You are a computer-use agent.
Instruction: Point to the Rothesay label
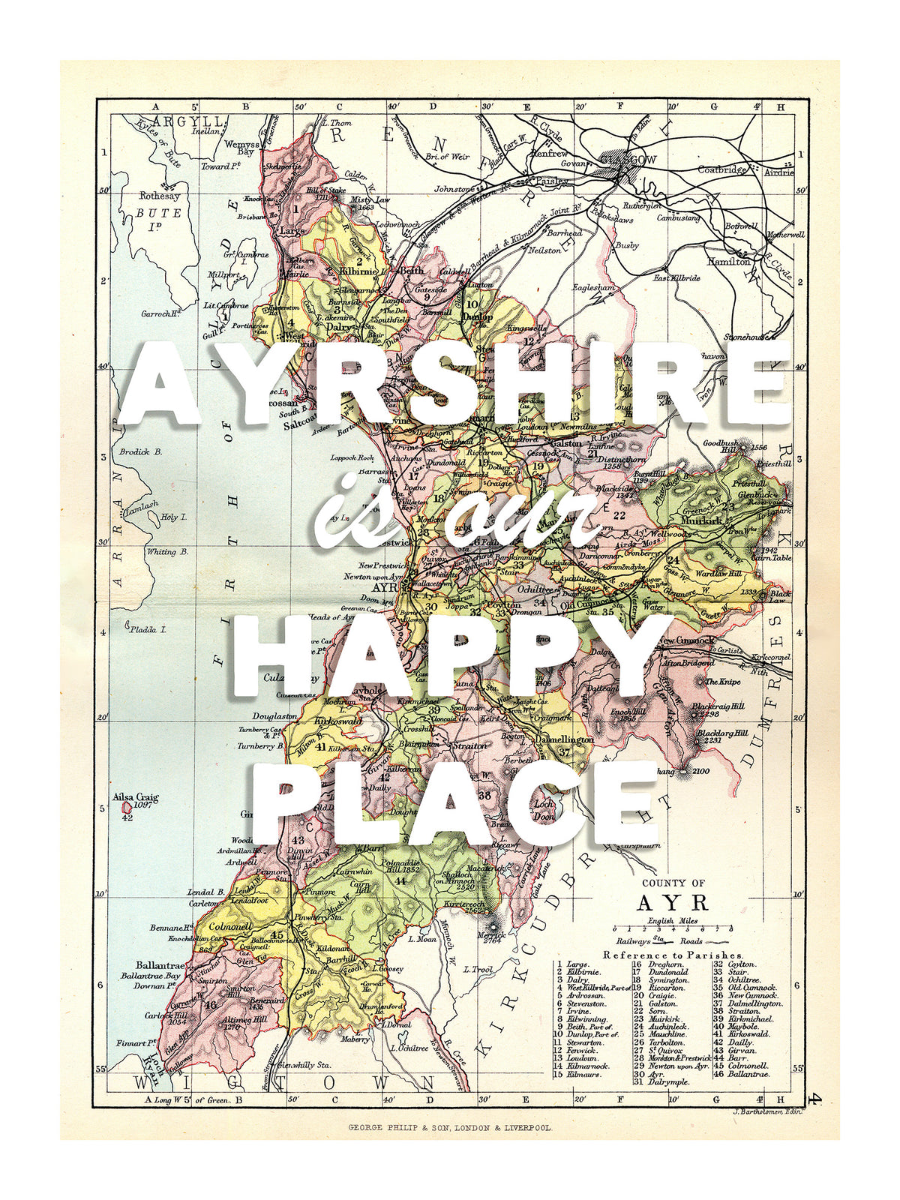(x=160, y=196)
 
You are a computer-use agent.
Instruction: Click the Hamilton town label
(x=727, y=262)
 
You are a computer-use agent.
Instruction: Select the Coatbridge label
(x=722, y=169)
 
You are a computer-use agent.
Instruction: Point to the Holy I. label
(x=173, y=517)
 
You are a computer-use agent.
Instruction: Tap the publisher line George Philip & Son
(x=450, y=1127)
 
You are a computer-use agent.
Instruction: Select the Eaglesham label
(x=593, y=287)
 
